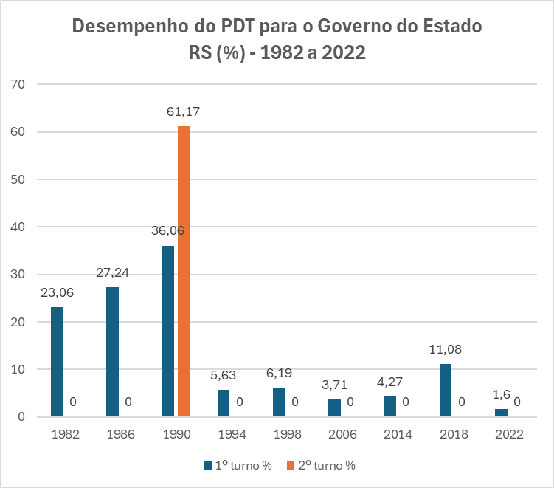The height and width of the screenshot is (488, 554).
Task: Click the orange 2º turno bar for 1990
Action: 184,271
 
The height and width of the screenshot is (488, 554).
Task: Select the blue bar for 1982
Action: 57,362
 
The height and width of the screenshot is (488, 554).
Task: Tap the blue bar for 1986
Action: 112,351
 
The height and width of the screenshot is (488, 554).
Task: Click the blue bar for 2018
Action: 445,390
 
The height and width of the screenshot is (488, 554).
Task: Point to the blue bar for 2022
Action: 501,413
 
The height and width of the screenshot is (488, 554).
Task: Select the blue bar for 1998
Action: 279,402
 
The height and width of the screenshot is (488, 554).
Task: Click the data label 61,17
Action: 184,112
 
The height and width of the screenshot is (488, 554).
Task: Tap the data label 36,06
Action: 167,231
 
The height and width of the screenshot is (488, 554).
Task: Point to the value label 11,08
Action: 445,349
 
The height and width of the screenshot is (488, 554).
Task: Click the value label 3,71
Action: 334,385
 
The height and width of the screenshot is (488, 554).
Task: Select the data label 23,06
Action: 57,292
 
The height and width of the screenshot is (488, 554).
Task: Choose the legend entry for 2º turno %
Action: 324,465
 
